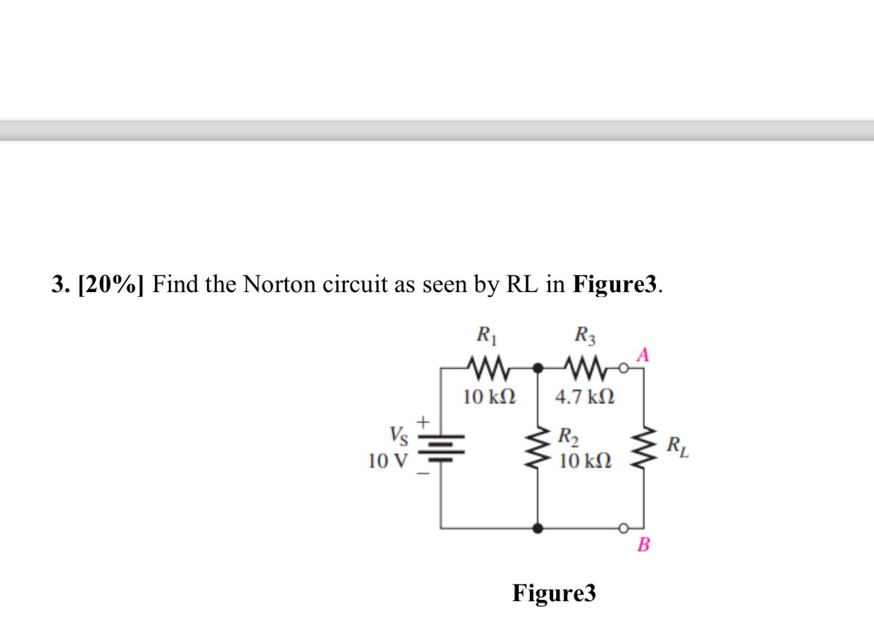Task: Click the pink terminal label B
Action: click(x=642, y=544)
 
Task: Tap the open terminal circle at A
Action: click(x=623, y=368)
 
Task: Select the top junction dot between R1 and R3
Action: click(x=538, y=368)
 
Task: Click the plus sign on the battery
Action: click(x=423, y=422)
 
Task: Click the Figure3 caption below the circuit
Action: click(x=554, y=593)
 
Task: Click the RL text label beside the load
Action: click(x=680, y=446)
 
